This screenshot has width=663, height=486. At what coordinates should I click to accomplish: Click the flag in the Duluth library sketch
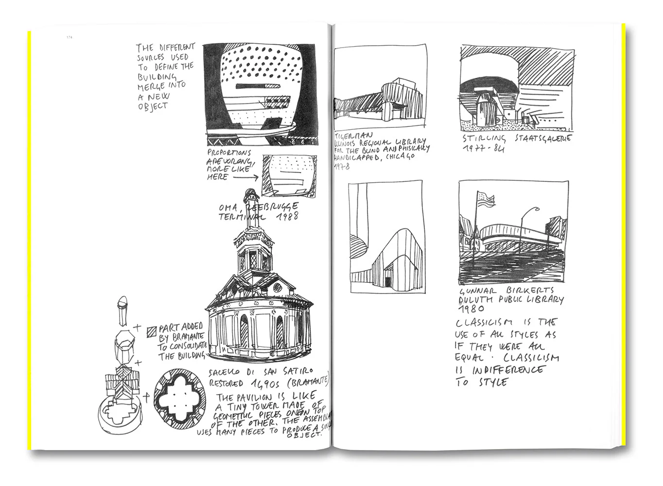pos(487,198)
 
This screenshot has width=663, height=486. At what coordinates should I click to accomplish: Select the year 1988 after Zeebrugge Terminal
pos(284,216)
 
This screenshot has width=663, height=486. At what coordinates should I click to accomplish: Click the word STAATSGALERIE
pos(542,139)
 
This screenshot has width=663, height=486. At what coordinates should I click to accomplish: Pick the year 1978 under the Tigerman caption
pos(342,166)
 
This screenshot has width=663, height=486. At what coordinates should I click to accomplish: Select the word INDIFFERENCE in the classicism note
pos(507,370)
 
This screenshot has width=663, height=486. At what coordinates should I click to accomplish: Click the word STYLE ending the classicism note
pos(493,382)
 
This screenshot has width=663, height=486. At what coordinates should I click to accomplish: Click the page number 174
pos(70,37)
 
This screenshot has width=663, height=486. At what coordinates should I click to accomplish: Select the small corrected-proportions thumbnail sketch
pos(289,175)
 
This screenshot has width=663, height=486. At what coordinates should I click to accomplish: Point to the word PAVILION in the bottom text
pos(266,398)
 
